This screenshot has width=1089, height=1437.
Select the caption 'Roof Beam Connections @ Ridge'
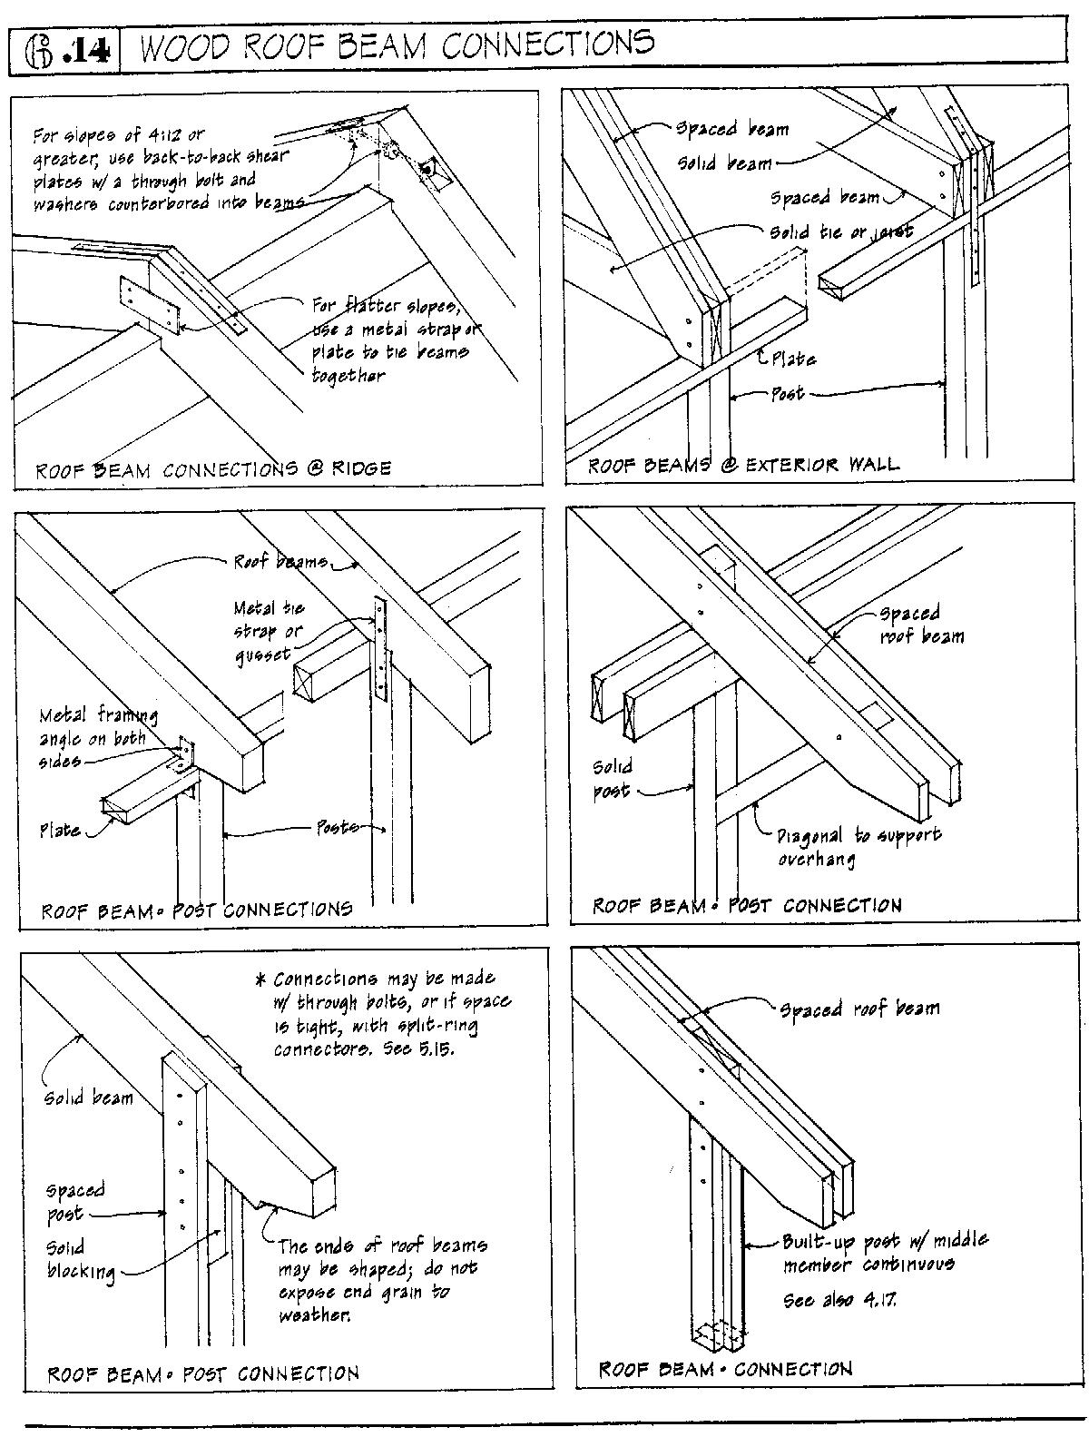point(213,469)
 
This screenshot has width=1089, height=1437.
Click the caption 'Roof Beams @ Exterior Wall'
point(744,466)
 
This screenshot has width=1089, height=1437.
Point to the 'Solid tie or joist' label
point(841,232)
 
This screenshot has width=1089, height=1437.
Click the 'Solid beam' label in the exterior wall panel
point(725,163)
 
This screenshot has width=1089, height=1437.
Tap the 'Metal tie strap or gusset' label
point(268,631)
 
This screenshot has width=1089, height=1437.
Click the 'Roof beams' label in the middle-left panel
point(280,562)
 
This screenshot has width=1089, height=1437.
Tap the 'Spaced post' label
point(76,1201)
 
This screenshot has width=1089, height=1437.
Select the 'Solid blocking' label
point(81,1261)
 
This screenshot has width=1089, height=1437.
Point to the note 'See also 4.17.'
point(839,1301)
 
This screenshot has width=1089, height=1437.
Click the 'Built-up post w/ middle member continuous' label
point(885,1252)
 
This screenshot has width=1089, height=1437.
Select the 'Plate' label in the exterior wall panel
point(792,360)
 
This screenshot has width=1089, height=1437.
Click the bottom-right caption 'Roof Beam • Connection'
point(725,1369)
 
